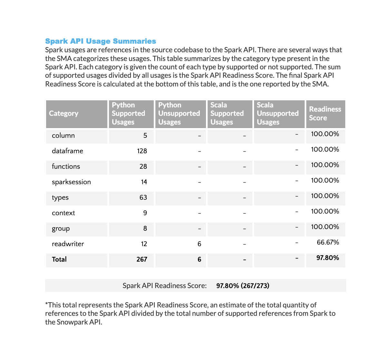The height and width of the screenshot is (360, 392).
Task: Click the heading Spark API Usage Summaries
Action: point(101,41)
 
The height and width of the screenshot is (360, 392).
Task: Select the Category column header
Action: point(64,114)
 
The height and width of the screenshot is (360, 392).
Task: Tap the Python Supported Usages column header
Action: point(128,114)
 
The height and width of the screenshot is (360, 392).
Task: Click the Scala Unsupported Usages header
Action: point(278,114)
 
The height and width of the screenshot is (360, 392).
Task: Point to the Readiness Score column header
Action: point(325,114)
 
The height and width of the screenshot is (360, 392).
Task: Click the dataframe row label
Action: point(67,151)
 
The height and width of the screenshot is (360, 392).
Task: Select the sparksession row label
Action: point(71,182)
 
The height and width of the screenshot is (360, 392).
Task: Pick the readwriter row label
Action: point(68,244)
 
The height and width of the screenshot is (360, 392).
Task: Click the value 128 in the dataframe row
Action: point(142,151)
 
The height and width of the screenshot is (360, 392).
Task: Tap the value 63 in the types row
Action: point(143,197)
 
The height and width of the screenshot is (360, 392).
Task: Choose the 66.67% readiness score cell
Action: point(328,242)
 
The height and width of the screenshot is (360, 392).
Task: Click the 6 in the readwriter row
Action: point(199,244)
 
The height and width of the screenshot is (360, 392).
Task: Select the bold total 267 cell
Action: point(142,259)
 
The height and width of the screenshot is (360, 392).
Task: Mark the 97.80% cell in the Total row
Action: point(328,258)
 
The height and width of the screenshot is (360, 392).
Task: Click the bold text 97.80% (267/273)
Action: point(243,285)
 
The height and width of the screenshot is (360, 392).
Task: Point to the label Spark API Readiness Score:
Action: point(164,285)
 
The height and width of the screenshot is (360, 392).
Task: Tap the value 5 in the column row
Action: point(145,135)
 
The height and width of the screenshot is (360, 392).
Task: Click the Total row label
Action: point(59,259)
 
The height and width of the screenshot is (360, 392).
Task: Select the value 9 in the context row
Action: point(145,213)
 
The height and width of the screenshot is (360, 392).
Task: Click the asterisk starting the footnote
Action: point(46,304)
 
